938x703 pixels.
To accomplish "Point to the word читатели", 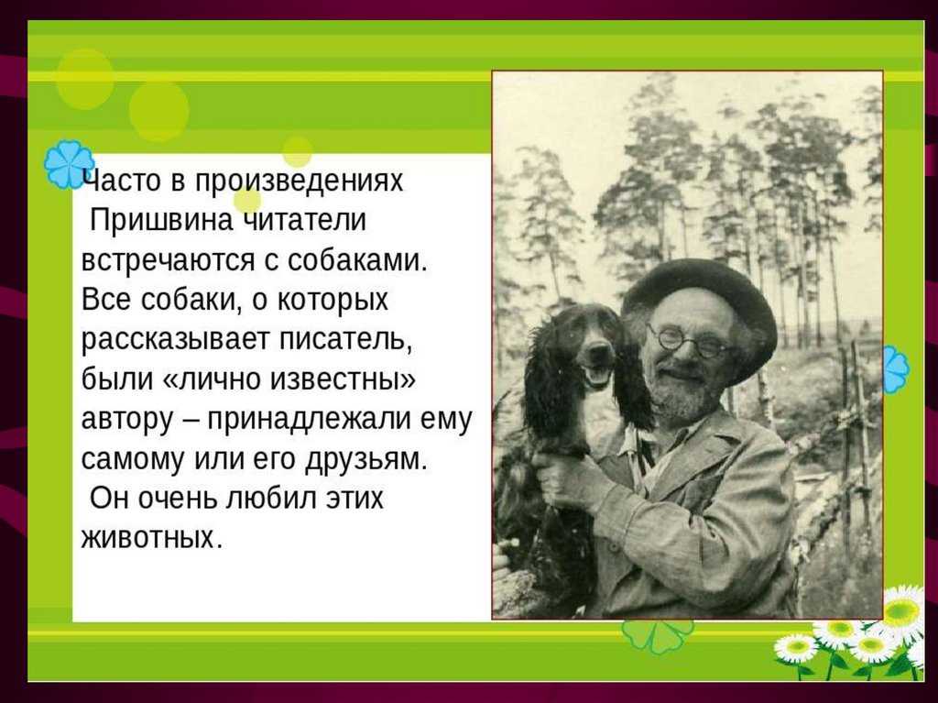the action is click(305, 220).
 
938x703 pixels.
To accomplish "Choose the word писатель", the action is click(346, 340).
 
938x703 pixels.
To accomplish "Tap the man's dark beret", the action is click(700, 305).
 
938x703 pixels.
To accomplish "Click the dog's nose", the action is click(596, 349).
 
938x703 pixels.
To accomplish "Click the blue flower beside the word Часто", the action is click(69, 164).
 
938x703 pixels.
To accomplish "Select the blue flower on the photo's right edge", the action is click(896, 368).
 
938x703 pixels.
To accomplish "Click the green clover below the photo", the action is click(658, 635).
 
